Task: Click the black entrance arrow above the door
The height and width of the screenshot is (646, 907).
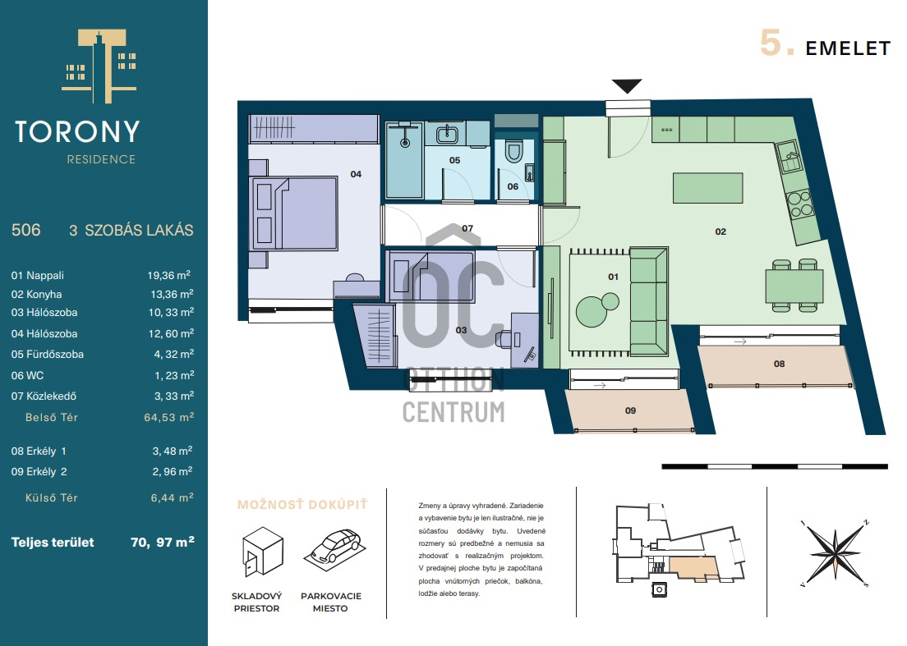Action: [627, 86]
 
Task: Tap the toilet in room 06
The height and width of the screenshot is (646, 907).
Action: [513, 151]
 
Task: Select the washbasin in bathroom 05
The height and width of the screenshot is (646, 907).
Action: [447, 135]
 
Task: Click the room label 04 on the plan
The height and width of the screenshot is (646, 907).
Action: [356, 174]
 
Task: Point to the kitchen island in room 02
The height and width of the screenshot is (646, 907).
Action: [707, 188]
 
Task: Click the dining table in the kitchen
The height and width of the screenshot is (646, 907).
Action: [794, 287]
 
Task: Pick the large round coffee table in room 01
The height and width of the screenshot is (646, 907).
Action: [592, 312]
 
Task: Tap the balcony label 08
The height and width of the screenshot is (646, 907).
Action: [779, 364]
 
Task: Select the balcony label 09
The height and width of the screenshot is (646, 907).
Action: [630, 410]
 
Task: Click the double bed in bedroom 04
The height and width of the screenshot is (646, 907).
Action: [293, 213]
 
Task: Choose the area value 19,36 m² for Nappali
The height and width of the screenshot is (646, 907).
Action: [169, 275]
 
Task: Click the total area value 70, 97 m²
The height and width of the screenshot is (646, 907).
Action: [163, 542]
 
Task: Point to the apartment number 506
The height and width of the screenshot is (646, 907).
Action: [26, 230]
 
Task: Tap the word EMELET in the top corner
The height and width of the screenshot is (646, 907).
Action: [848, 48]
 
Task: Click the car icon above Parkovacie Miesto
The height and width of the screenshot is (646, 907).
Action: [335, 546]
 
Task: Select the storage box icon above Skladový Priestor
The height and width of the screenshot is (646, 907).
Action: [263, 552]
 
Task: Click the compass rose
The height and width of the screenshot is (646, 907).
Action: [834, 554]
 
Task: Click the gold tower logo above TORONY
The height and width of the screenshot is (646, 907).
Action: [99, 66]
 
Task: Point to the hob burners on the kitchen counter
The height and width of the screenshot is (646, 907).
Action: [800, 204]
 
